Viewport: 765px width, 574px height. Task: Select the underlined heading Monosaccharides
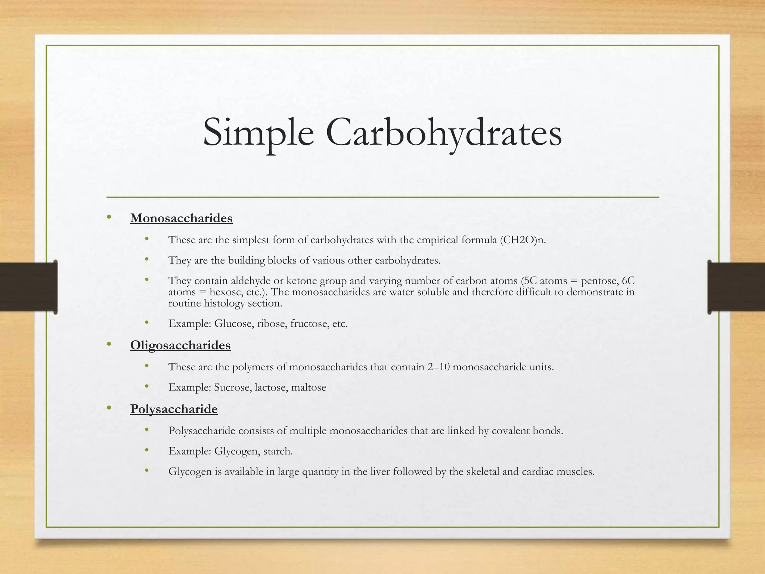pos(181,218)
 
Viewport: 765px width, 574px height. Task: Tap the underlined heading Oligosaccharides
pos(180,345)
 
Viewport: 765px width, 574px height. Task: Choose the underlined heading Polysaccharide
pos(174,409)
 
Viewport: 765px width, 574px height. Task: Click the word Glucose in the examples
pos(234,324)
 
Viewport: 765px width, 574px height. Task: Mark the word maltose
pos(309,388)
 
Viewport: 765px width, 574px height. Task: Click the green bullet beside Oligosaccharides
pos(109,344)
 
